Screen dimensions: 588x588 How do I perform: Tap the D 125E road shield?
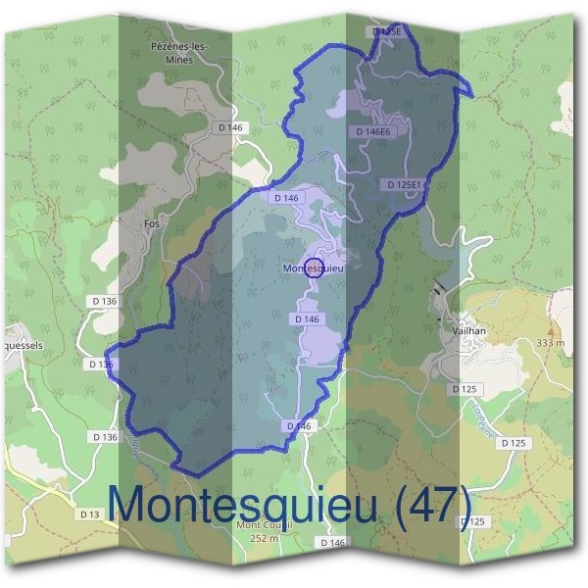pos(388,31)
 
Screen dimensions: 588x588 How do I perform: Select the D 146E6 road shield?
pos(373,131)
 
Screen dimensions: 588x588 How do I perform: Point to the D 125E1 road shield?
pos(404,184)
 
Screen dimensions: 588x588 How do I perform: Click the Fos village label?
pos(152,223)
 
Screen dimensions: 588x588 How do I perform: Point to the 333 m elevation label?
pos(551,344)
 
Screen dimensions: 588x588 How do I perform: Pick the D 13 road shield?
pos(90,514)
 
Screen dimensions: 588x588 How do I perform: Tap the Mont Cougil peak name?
pos(264,525)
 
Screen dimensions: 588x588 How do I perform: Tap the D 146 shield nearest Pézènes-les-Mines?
pos(230,127)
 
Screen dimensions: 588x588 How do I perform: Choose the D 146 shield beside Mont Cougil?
pos(332,543)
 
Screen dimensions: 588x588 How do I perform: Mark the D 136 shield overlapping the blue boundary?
pos(101,365)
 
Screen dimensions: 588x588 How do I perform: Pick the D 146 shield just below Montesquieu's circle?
pos(307,319)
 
